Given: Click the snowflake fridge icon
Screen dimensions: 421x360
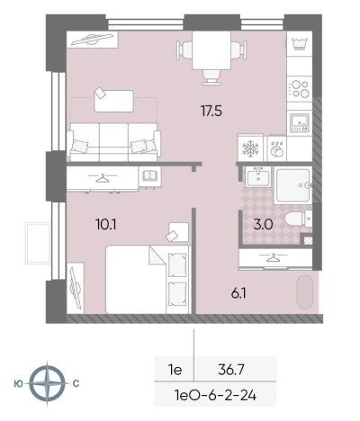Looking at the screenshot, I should pyautogui.click(x=249, y=148).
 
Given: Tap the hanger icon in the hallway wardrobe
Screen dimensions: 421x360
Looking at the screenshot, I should pyautogui.click(x=274, y=258).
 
